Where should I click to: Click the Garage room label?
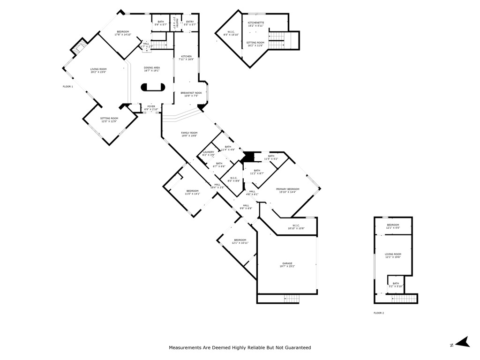point(287,265)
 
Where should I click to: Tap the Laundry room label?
point(208,153)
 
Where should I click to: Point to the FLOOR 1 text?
point(68,86)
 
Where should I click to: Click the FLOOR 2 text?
point(378,313)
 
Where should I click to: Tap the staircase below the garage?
point(292,299)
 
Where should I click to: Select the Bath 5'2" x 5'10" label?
point(396,285)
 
